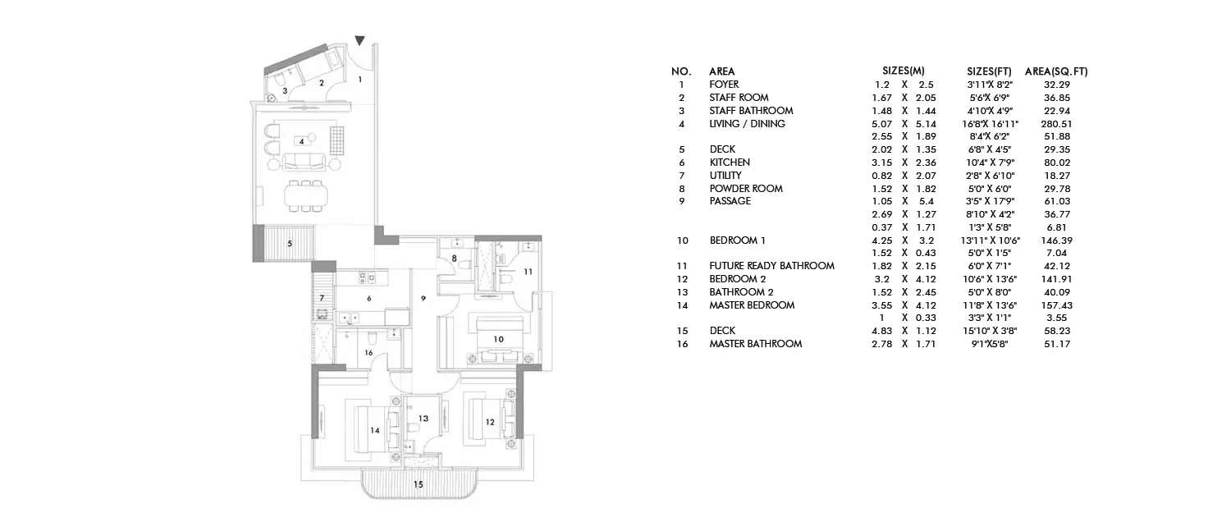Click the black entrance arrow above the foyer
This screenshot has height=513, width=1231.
tap(359, 40)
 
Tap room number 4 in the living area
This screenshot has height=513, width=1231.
tap(302, 141)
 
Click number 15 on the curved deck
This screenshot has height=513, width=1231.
tap(418, 485)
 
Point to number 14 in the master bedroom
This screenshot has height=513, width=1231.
tap(374, 429)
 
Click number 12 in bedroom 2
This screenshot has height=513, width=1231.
tap(489, 422)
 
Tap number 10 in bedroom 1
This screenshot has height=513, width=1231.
tap(497, 338)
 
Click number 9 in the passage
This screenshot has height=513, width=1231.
tap(423, 297)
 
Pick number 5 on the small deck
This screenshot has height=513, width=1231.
tap(289, 244)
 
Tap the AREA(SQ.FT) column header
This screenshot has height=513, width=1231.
tap(1056, 71)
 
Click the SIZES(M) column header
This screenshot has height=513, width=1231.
tap(903, 71)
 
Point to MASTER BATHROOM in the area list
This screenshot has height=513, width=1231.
tap(755, 344)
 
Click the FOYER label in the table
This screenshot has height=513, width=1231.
tap(724, 85)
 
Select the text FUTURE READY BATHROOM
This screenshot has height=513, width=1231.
tap(771, 266)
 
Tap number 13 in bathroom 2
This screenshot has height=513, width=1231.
tap(423, 419)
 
